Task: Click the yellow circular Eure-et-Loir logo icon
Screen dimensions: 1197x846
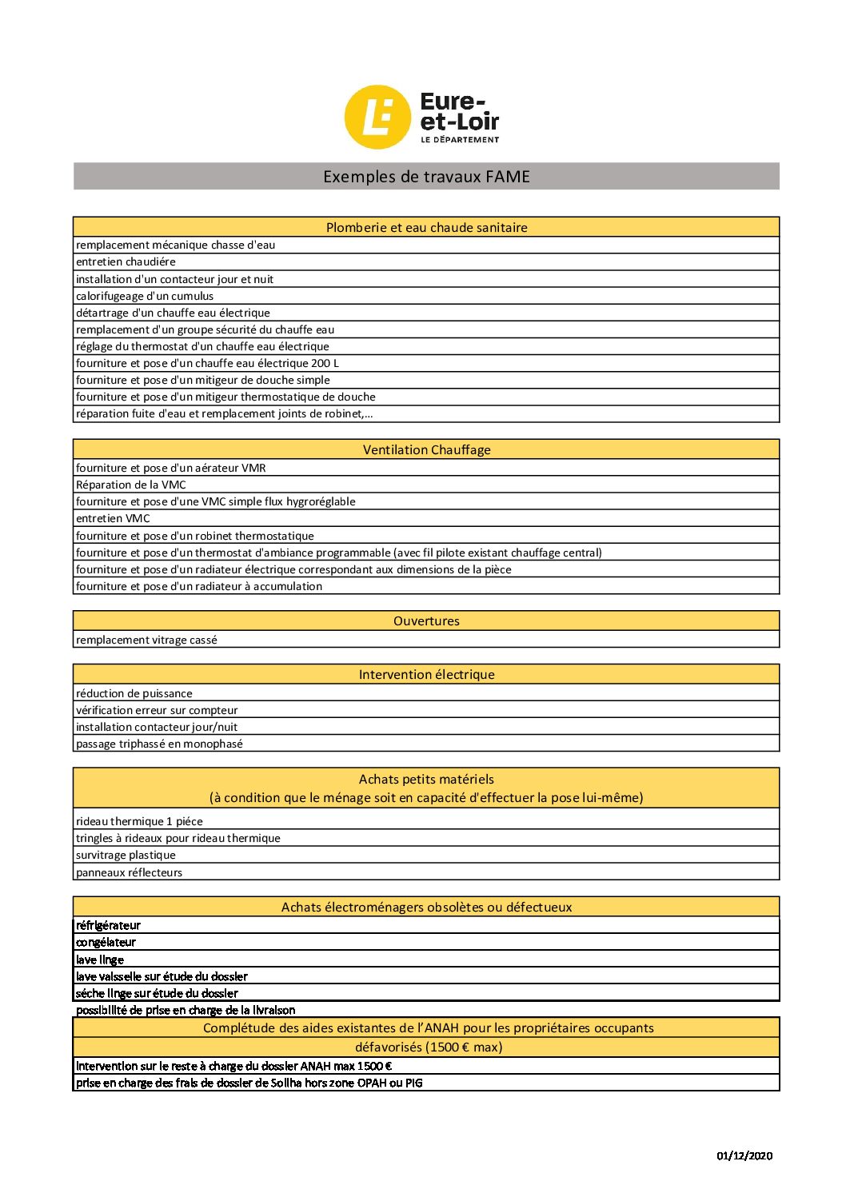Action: pos(377,117)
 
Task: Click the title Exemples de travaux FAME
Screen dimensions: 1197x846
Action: pos(426,177)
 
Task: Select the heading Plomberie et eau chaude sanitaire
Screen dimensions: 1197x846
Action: pos(426,227)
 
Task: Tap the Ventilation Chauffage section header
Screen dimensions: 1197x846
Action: pos(426,449)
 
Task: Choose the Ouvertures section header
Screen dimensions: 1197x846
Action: pos(426,620)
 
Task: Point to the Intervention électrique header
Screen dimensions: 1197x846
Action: pos(426,674)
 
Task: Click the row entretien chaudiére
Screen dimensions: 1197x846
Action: pos(126,261)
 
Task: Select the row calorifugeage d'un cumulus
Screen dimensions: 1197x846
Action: pos(145,296)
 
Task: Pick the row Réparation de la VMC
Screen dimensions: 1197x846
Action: pos(131,485)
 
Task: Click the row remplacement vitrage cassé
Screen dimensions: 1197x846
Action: pos(146,640)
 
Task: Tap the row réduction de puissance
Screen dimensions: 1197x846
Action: pos(134,693)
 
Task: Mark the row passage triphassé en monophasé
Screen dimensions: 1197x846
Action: pos(159,744)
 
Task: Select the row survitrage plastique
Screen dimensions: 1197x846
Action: pos(126,855)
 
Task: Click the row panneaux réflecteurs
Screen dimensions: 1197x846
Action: pos(129,872)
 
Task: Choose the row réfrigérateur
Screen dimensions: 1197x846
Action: pos(108,925)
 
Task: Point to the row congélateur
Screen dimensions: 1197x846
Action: pos(106,942)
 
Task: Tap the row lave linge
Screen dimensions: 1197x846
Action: pos(100,960)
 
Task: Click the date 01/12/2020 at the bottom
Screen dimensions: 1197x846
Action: pos(744,1155)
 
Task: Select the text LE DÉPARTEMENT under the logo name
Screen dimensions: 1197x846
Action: pos(460,139)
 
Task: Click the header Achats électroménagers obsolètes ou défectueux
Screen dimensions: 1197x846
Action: pos(426,907)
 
